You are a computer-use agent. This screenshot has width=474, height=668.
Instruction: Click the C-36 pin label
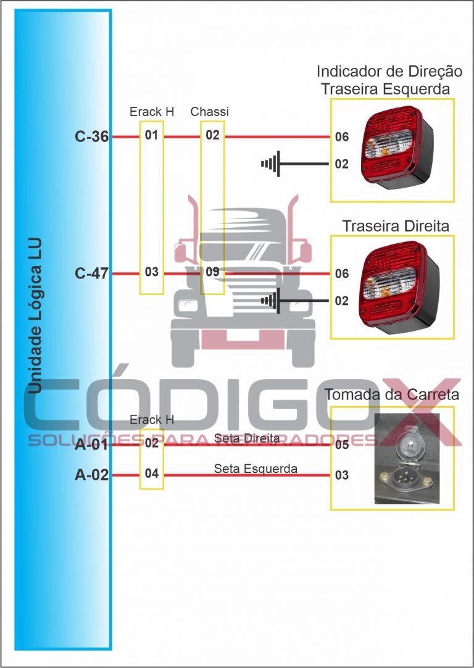(91, 137)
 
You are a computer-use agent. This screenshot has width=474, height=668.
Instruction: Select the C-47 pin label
(91, 273)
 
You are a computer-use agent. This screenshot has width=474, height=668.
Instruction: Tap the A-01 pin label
(91, 445)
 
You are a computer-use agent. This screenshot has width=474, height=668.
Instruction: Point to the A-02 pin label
(91, 475)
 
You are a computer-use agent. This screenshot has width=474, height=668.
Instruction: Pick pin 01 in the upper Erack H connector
(152, 135)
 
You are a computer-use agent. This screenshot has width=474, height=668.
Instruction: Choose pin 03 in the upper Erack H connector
(152, 272)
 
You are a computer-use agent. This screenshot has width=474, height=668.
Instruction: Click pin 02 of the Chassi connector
(213, 135)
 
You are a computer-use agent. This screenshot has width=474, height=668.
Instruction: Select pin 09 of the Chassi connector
(213, 272)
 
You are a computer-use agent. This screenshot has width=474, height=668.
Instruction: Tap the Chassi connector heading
(209, 112)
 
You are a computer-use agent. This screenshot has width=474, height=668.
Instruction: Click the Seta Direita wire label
(247, 438)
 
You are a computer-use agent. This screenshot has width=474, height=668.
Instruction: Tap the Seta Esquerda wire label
(256, 469)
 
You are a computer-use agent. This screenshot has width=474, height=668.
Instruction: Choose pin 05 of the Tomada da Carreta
(341, 445)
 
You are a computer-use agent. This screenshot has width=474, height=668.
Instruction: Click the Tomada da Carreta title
(392, 394)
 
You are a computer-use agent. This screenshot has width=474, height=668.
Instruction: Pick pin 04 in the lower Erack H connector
(152, 474)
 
